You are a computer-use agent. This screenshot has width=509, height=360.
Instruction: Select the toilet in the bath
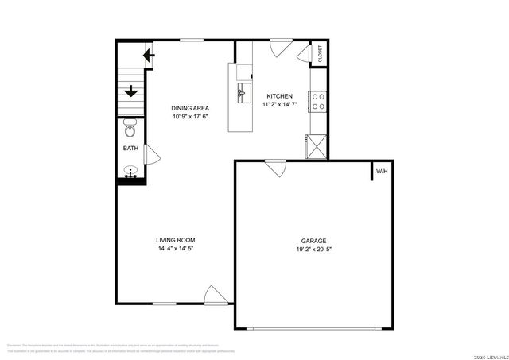tap(130, 127)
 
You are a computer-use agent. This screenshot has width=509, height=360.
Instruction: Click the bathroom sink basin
tap(130, 170)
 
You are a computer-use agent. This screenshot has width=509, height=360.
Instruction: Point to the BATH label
tap(130, 149)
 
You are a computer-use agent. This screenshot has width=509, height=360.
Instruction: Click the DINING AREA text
tap(191, 108)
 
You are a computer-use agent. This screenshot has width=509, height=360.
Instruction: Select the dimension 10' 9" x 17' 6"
tap(191, 117)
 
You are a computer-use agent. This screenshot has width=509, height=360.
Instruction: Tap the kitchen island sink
tap(242, 92)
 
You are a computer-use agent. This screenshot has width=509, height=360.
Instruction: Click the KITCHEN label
tap(279, 96)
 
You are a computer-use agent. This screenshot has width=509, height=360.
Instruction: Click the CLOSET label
tap(321, 54)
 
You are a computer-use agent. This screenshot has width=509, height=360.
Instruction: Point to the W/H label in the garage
tap(382, 171)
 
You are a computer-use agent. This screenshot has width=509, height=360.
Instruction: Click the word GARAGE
tap(313, 241)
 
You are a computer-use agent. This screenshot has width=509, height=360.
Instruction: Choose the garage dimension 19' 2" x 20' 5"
tap(313, 250)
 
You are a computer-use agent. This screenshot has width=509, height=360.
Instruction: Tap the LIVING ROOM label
tap(175, 240)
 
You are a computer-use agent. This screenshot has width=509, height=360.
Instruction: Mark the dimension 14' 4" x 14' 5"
tap(175, 249)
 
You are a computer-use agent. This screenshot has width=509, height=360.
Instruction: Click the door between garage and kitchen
tap(276, 168)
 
